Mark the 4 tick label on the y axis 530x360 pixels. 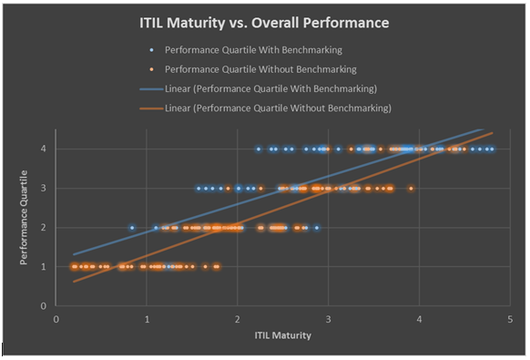tap(43, 149)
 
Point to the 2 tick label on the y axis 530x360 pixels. tap(43, 228)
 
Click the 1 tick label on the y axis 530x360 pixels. tap(43, 267)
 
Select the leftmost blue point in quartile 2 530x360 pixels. tap(132, 228)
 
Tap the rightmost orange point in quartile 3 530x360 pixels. tap(411, 189)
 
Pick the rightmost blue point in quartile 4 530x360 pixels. tap(492, 149)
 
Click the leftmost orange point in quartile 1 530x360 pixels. tap(73, 267)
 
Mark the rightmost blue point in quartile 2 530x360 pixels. tap(317, 228)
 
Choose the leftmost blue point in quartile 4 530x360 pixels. tap(259, 149)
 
